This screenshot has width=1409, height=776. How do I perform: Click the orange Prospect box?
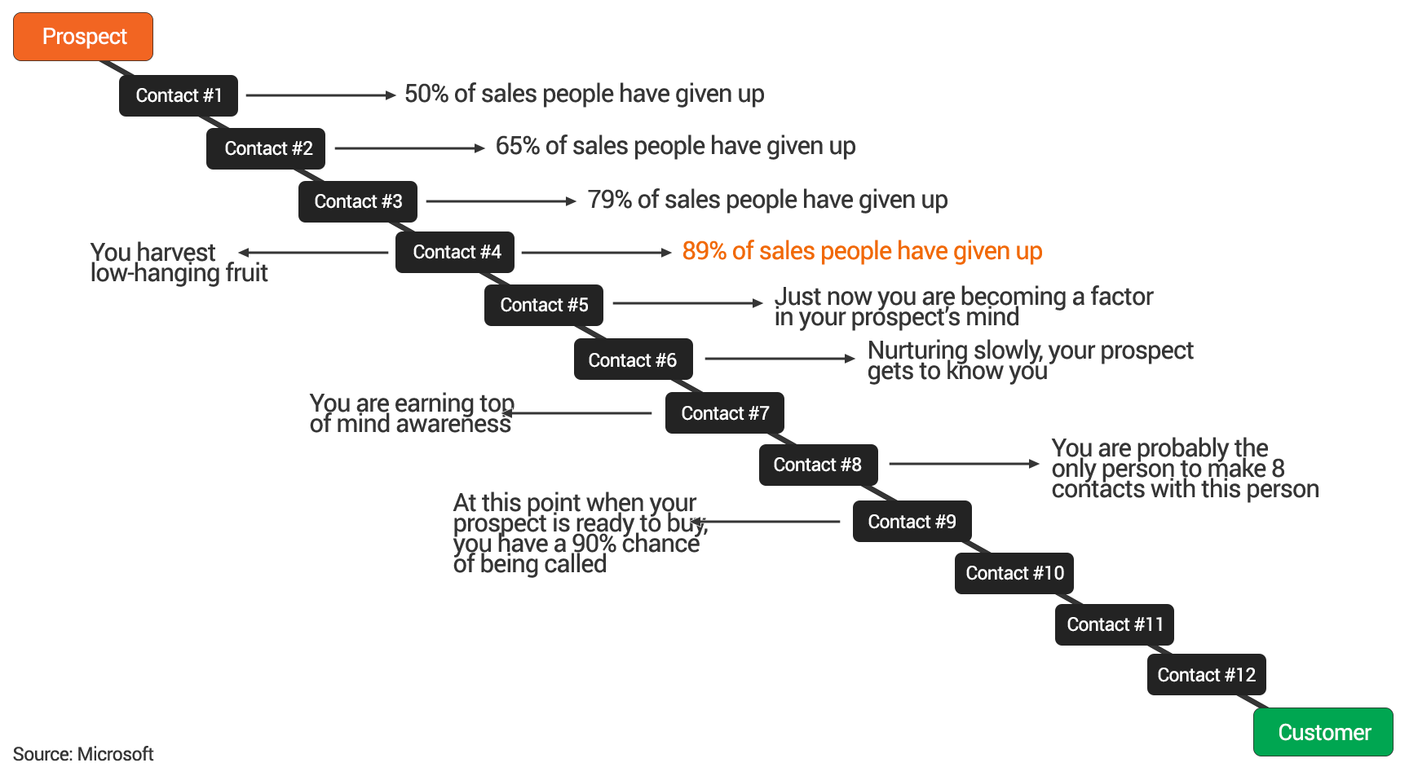click(x=83, y=37)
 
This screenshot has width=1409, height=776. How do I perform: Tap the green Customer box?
click(x=1323, y=732)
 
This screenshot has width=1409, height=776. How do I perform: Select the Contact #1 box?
click(x=179, y=95)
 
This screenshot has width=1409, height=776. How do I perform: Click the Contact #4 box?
click(x=455, y=252)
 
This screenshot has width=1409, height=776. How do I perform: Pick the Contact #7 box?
click(x=725, y=413)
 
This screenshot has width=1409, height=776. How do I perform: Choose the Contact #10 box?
click(x=1014, y=573)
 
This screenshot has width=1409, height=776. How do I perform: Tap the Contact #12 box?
click(x=1207, y=675)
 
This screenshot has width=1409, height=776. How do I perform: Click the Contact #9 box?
click(x=912, y=522)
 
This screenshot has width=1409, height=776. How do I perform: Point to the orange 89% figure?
click(x=704, y=251)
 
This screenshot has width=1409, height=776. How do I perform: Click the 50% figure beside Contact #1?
click(x=426, y=94)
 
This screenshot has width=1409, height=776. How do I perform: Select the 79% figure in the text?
click(x=610, y=200)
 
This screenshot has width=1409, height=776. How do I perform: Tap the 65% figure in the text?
click(x=518, y=146)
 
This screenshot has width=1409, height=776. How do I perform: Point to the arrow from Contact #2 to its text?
click(x=410, y=148)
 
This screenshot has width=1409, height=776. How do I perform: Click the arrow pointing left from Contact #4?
click(x=314, y=253)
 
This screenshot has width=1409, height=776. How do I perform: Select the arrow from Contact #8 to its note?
click(x=965, y=464)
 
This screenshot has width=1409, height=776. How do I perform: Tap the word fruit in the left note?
click(x=246, y=273)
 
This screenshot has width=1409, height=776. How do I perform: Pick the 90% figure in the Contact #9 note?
click(x=594, y=544)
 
